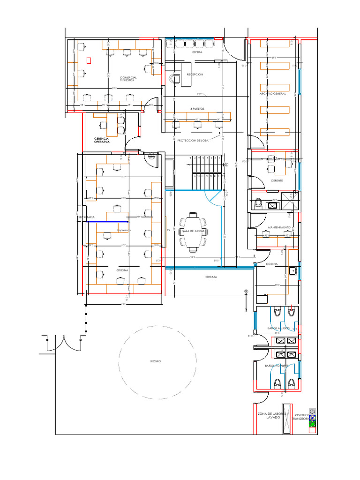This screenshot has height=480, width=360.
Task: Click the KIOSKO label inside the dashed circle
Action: (156, 361)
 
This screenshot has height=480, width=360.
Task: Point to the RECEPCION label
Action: (195, 75)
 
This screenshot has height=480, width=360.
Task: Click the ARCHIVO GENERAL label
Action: (273, 94)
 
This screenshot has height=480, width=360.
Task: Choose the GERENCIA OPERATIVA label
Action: (102, 140)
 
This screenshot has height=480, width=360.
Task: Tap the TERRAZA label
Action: (211, 277)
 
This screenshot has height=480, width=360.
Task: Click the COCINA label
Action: (272, 264)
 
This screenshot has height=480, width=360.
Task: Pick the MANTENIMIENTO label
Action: (279, 227)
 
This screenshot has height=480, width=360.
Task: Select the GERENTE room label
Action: (277, 180)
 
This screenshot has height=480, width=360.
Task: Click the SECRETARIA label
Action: (87, 217)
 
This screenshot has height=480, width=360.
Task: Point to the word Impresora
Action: (124, 231)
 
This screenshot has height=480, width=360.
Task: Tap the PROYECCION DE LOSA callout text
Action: (193, 141)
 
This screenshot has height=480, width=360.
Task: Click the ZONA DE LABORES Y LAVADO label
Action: (273, 415)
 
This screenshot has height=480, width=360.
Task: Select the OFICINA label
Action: (122, 270)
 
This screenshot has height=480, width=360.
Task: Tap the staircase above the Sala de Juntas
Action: (206, 172)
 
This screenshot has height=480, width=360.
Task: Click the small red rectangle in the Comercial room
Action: (89, 60)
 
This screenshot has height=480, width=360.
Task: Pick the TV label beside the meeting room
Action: (168, 231)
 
